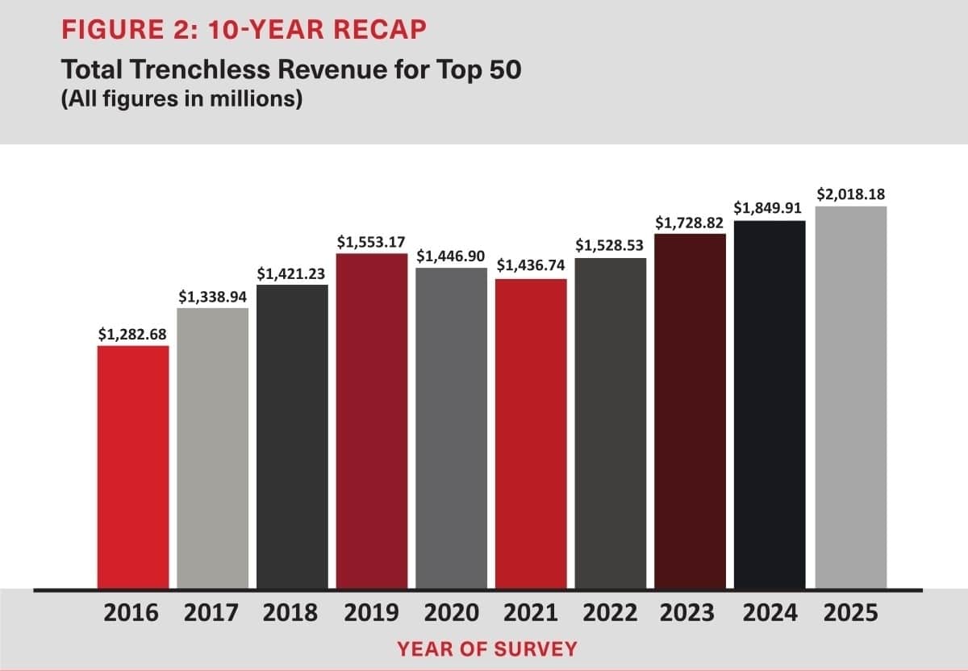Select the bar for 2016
(x=133, y=467)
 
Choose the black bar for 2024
(x=770, y=404)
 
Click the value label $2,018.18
(x=851, y=194)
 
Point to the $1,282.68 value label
(x=133, y=334)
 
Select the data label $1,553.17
(x=371, y=241)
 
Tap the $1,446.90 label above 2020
(x=451, y=256)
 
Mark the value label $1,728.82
(x=689, y=222)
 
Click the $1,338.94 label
(x=213, y=297)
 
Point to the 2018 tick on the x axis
(x=291, y=614)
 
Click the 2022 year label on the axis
(x=610, y=614)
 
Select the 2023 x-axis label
(x=688, y=614)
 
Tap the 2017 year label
(x=211, y=614)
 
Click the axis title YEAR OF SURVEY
(x=486, y=648)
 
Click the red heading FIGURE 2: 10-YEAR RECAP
(x=245, y=30)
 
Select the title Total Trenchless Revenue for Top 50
(x=292, y=70)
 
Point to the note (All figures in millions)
(x=181, y=101)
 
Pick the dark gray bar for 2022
(x=611, y=423)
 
